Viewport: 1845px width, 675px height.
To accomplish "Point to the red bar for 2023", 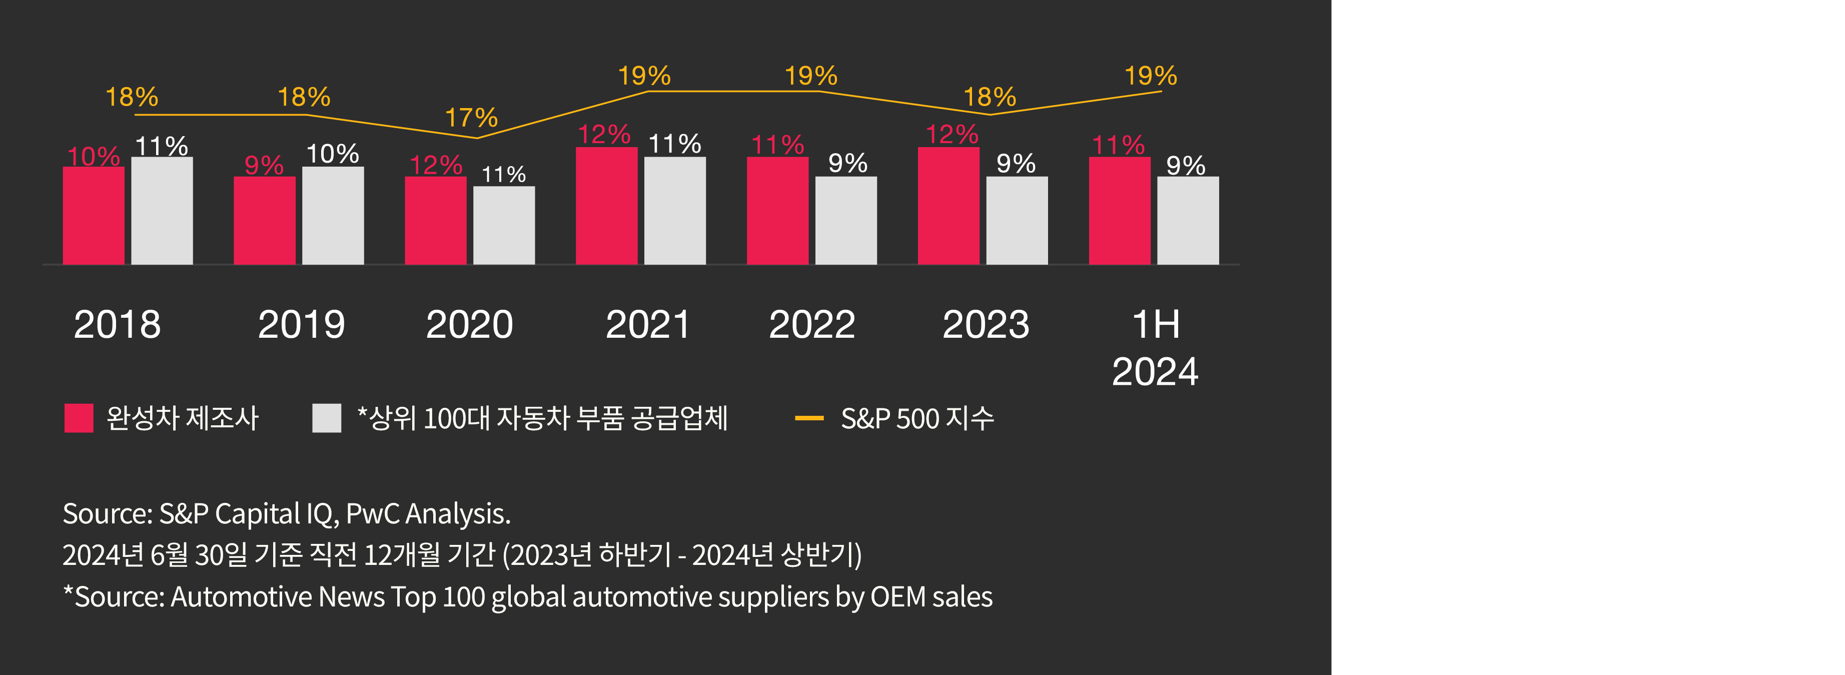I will pos(949,206).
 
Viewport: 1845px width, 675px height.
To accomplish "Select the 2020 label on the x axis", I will pos(469,325).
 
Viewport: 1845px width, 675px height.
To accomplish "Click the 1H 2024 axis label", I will pos(1155,348).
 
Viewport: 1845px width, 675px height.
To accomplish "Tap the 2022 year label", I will pos(811,325).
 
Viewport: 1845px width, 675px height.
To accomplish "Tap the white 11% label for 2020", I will pos(503,174).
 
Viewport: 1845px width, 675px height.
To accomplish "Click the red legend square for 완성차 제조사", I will pos(79,418).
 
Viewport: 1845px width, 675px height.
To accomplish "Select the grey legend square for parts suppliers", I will pos(327,418).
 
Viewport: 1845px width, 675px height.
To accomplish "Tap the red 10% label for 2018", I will pos(93,156).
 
